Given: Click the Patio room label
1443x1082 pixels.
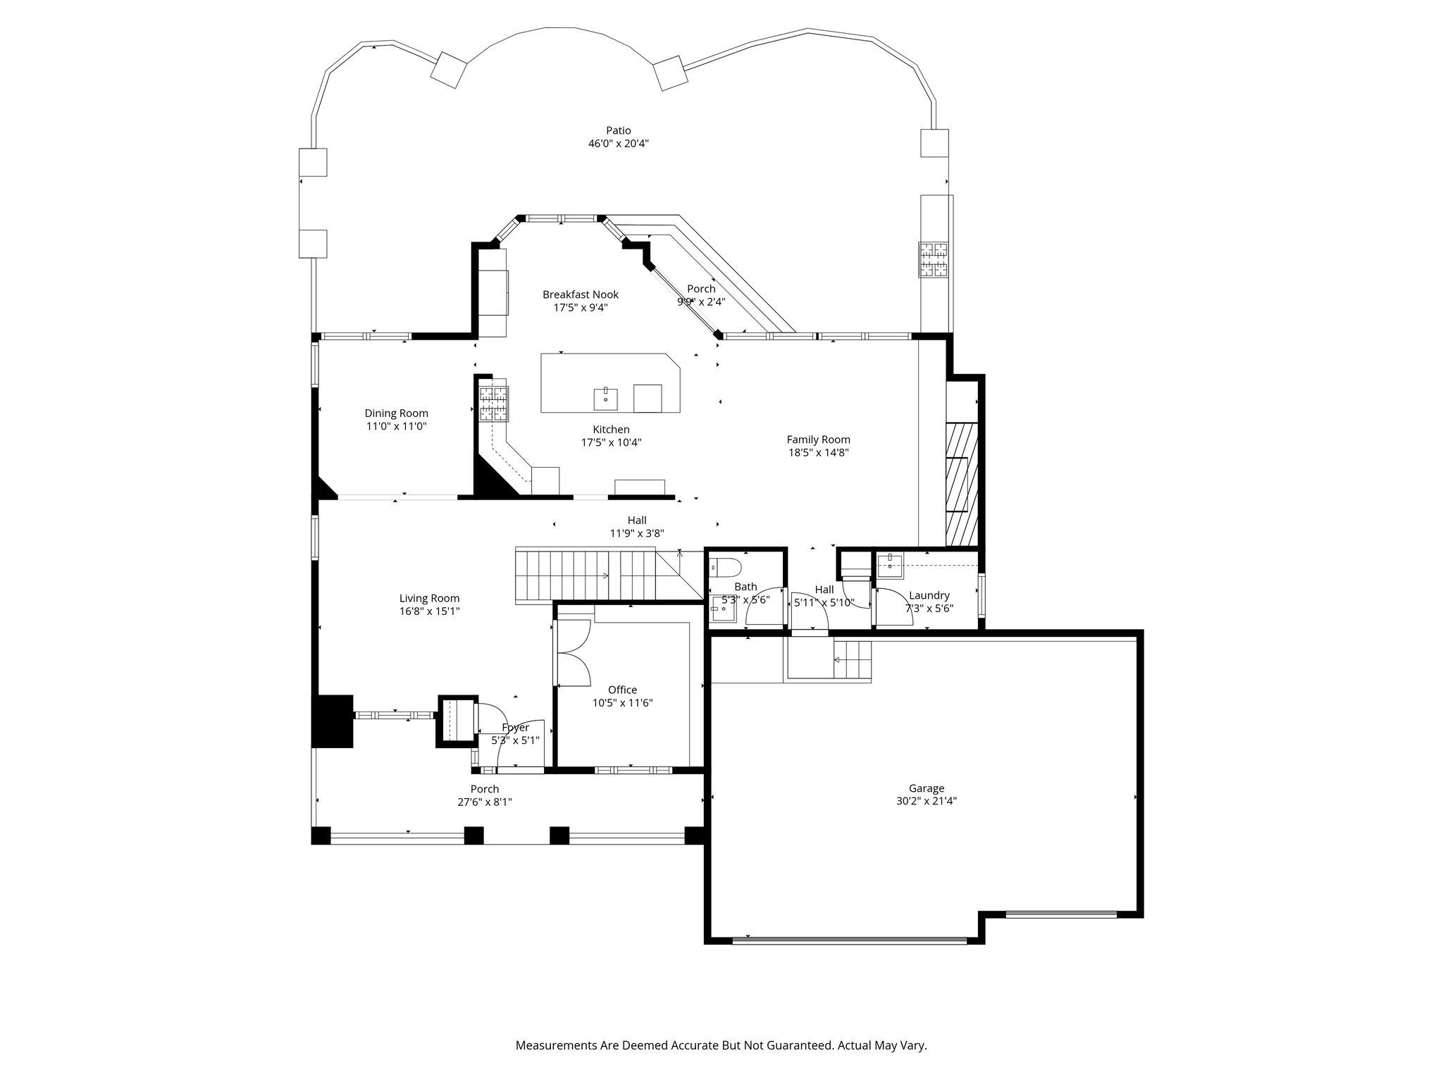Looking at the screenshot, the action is [x=619, y=130].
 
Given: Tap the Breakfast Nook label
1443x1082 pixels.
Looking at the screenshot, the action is [x=581, y=294].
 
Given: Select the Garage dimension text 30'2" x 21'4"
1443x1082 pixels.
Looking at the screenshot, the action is [x=926, y=801].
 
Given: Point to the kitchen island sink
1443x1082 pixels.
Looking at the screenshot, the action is [x=605, y=398].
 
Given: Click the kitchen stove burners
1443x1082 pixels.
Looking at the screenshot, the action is [x=494, y=404].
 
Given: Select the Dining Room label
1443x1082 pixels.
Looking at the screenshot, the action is [x=396, y=413].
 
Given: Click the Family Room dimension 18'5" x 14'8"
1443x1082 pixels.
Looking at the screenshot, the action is [x=818, y=452].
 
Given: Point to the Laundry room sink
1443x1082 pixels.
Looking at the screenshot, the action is [x=891, y=565].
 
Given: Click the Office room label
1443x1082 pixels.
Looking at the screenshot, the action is [x=622, y=690].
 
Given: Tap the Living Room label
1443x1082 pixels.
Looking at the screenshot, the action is [x=429, y=599].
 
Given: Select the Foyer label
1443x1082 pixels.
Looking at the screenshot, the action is [x=515, y=728].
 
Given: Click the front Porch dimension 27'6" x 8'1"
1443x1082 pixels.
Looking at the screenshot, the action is [x=484, y=802].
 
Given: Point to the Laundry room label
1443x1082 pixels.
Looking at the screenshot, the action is [x=929, y=595].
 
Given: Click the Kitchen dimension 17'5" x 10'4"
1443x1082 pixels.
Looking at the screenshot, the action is [x=611, y=442].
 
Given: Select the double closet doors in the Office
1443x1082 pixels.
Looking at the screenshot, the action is [x=574, y=652].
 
